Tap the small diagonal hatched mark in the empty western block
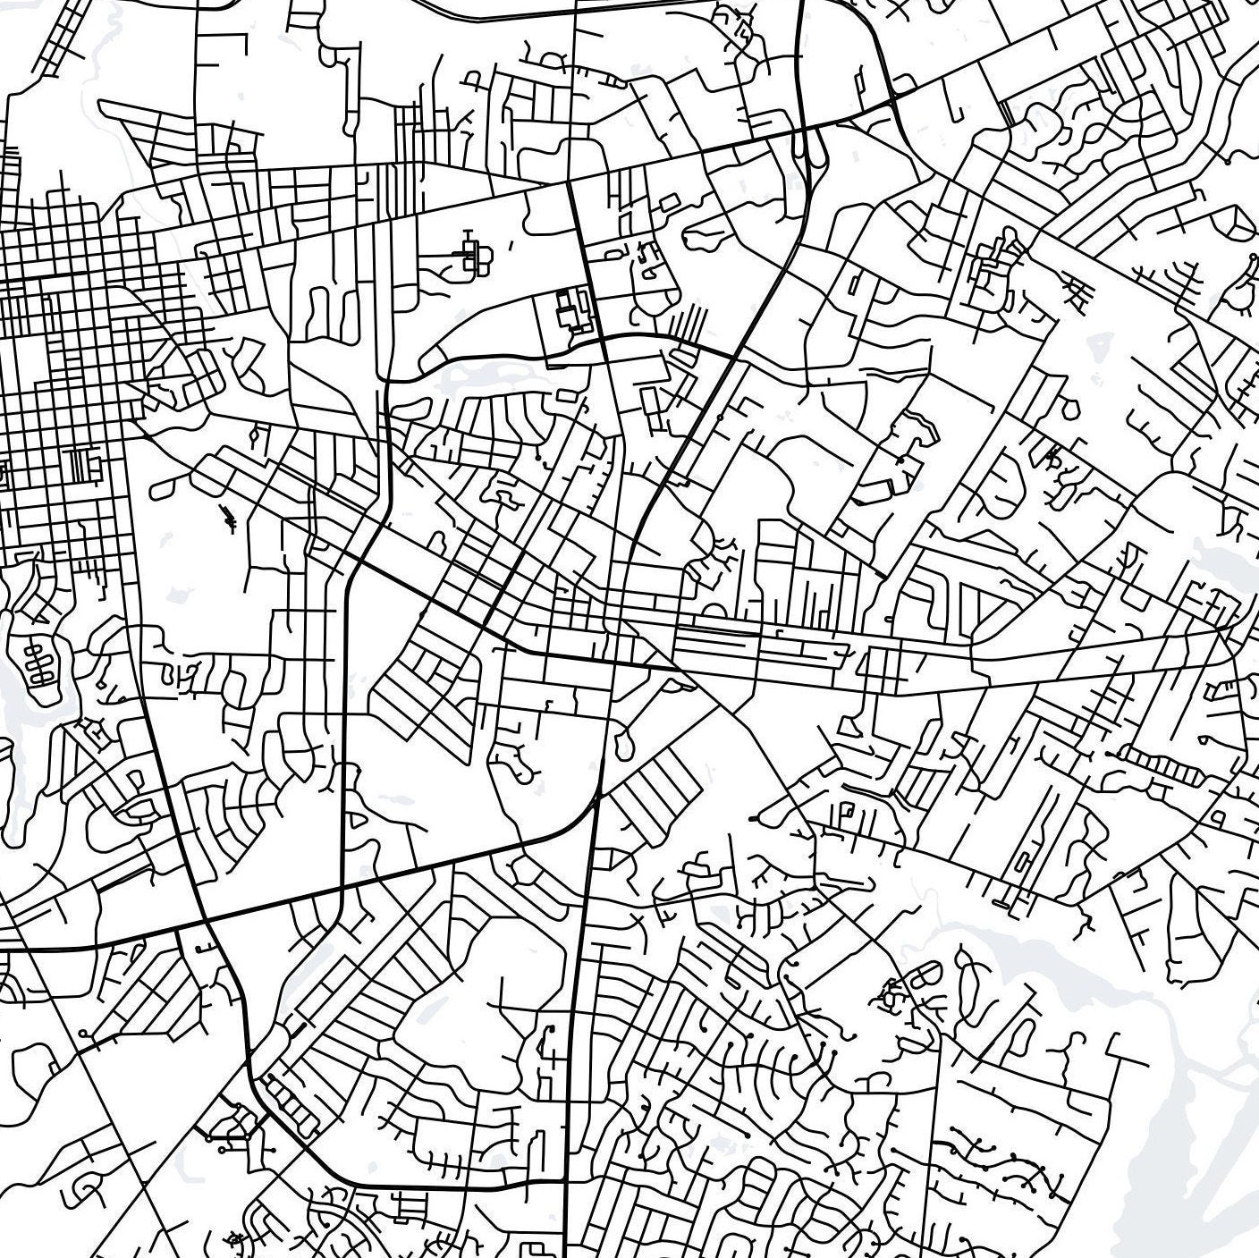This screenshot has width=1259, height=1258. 230,518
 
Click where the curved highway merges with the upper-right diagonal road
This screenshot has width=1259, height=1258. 894,98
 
